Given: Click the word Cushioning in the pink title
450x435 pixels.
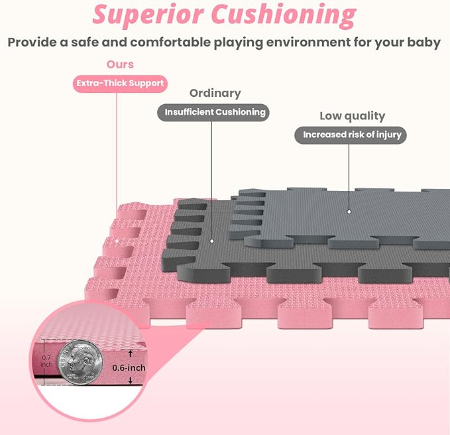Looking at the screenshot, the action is click(284, 15).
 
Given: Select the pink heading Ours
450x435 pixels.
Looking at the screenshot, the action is click(120, 64).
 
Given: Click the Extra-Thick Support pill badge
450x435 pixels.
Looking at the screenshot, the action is click(120, 84).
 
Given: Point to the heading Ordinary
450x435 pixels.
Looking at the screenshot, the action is click(215, 93).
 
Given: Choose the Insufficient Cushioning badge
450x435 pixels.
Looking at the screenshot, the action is click(213, 112).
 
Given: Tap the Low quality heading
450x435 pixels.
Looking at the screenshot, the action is click(352, 116).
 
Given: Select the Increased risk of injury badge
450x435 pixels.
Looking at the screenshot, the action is click(351, 135).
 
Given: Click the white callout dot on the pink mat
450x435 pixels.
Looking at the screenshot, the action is click(117, 241).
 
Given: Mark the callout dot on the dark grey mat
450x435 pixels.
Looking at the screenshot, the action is click(212, 241).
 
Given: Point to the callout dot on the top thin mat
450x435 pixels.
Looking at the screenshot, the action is click(349, 212).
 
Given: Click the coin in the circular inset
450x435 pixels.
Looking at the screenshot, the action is click(80, 362).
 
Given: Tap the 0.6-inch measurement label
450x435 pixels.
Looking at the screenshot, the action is click(129, 368).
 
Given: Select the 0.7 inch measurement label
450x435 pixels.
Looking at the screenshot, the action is click(46, 361).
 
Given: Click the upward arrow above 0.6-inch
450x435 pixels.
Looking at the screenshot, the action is click(131, 353).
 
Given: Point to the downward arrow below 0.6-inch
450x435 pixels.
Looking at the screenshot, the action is click(131, 381).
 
